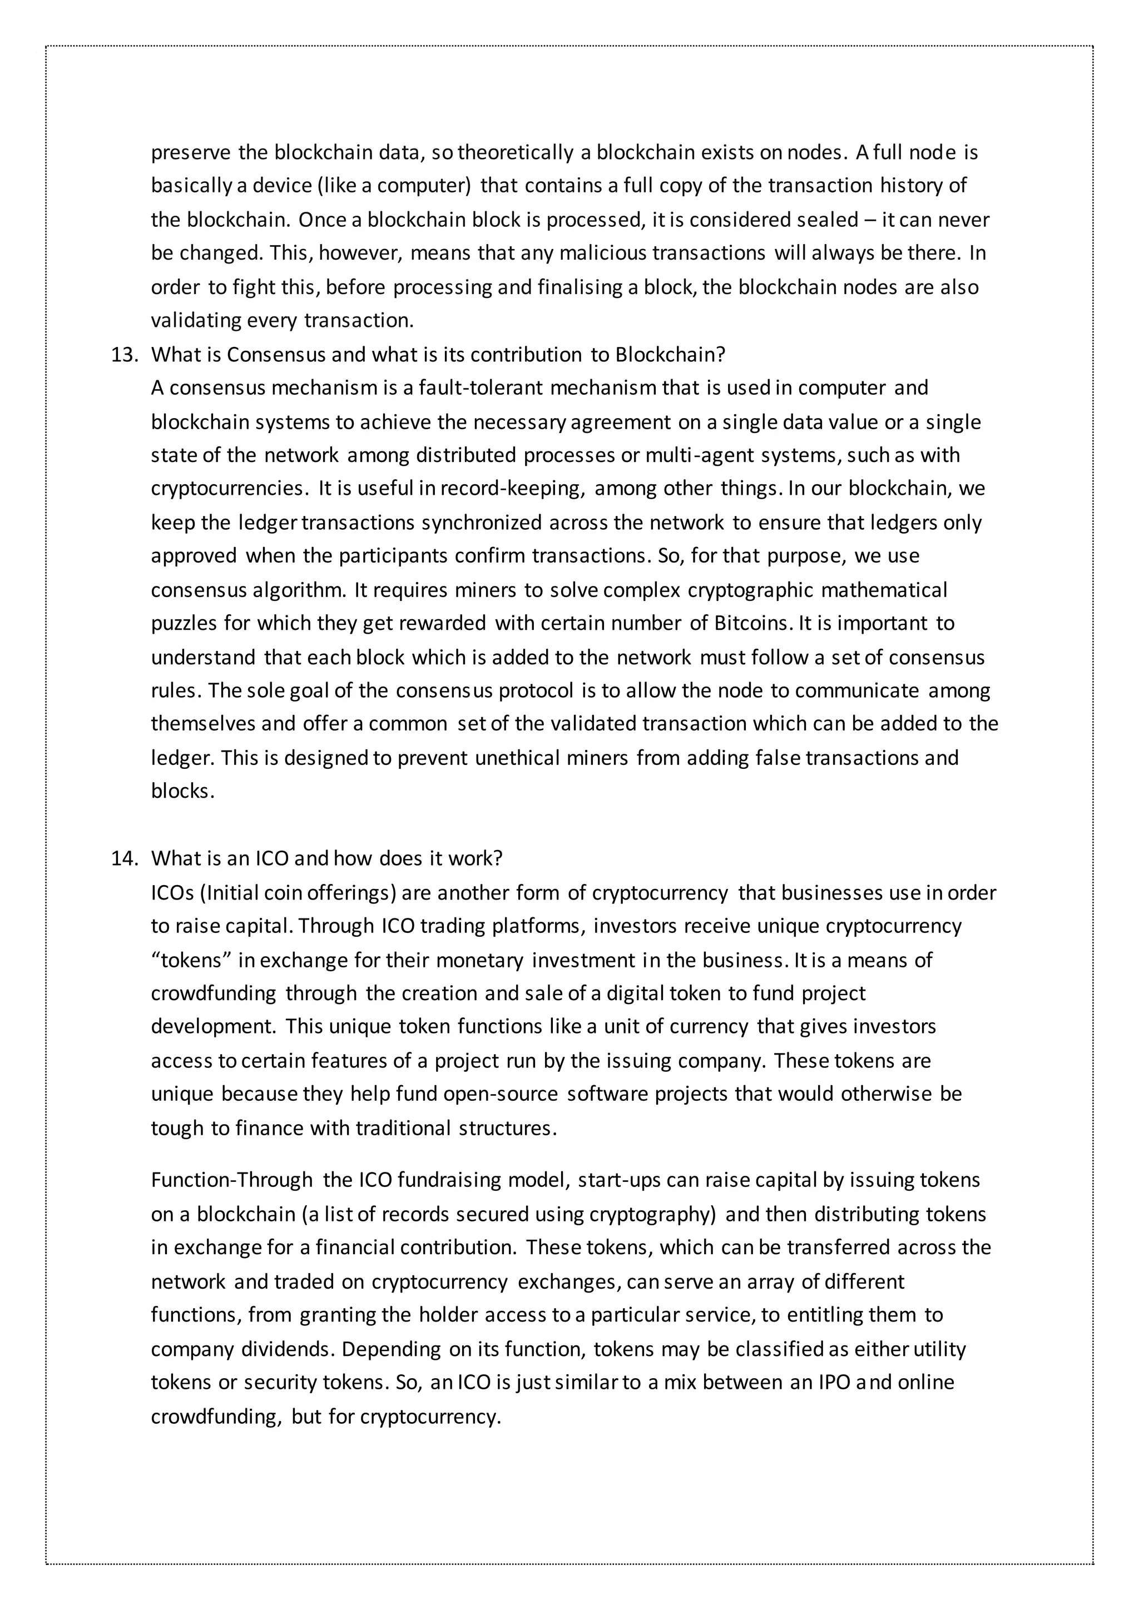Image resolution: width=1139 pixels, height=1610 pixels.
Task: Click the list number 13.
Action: click(x=125, y=355)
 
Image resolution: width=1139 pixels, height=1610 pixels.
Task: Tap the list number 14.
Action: click(x=125, y=858)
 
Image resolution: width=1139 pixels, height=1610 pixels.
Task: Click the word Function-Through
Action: click(x=231, y=1180)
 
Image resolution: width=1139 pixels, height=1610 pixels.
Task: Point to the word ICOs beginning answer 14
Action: click(x=172, y=893)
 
